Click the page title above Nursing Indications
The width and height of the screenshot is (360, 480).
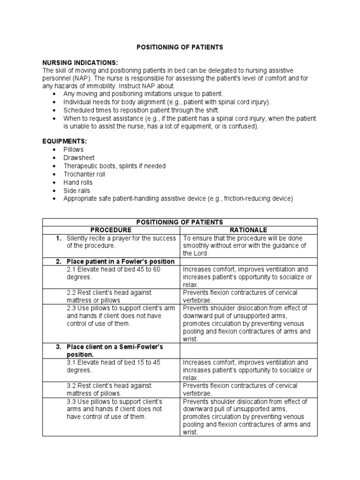click(180, 47)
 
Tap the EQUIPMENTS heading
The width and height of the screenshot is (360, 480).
click(65, 141)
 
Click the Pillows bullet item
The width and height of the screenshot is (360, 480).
click(74, 150)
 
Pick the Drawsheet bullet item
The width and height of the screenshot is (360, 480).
click(78, 158)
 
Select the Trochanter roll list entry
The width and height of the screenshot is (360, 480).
click(84, 174)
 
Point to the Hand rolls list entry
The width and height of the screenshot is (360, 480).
click(78, 182)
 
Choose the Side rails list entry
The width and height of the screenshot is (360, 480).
click(77, 191)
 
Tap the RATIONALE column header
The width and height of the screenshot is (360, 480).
click(248, 230)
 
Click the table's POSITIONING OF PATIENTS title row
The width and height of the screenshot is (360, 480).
click(180, 222)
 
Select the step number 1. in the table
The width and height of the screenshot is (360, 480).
click(59, 238)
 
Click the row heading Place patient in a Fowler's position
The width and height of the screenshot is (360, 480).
click(120, 261)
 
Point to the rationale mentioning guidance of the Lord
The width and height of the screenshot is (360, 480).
click(244, 246)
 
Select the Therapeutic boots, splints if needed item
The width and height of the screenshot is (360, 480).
click(114, 166)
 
